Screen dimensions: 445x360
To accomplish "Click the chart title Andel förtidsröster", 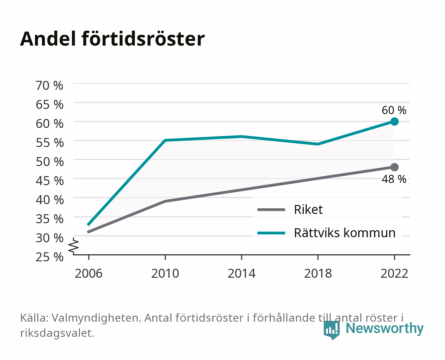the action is tap(112, 39).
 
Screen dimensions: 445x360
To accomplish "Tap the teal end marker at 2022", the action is tap(394, 121).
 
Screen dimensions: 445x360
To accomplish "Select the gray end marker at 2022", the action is tap(394, 167).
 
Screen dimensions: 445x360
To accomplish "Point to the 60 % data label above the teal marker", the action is tap(394, 110).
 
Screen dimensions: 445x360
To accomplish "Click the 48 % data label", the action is tap(394, 179).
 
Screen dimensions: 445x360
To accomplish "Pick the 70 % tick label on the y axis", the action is tap(50, 86).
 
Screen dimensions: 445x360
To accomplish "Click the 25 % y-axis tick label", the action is tap(50, 257).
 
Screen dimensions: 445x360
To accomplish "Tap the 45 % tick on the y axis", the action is tap(50, 181).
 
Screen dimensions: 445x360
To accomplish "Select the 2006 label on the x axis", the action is tap(89, 273).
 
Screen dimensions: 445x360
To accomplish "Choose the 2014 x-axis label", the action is tap(241, 273).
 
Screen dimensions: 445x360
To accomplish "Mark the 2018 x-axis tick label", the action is tap(318, 273).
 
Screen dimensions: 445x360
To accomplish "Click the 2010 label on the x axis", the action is tap(165, 273).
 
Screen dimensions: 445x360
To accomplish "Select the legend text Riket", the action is tap(308, 209).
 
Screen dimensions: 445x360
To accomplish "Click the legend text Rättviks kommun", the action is tap(345, 233).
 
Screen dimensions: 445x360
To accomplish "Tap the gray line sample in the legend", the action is tap(271, 210).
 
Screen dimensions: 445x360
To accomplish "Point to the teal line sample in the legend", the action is tap(271, 233).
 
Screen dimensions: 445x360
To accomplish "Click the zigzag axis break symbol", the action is tap(74, 246).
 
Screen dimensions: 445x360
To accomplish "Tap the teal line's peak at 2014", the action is tap(241, 137).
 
